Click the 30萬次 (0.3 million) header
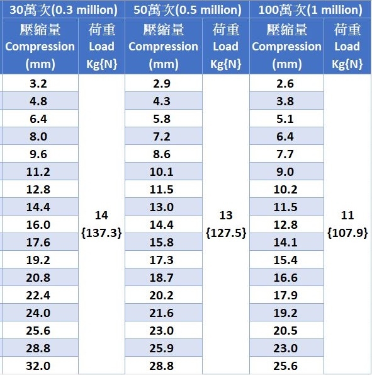tap(64, 10)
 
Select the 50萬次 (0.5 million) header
tap(188, 10)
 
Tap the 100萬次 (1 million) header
tap(310, 10)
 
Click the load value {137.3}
tap(101, 233)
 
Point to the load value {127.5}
tap(226, 233)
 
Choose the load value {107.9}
tap(347, 233)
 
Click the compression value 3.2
tap(38, 84)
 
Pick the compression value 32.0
tap(38, 366)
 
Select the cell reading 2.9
tap(162, 84)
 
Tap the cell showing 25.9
tap(162, 348)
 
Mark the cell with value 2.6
tap(285, 84)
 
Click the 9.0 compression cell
tap(285, 172)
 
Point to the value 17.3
tap(162, 260)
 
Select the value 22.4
tap(38, 296)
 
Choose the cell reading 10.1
tap(162, 172)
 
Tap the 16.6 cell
tap(286, 278)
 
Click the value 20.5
tap(286, 331)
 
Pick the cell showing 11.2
tap(38, 172)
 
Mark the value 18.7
tap(162, 278)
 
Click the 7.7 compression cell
tap(285, 154)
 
